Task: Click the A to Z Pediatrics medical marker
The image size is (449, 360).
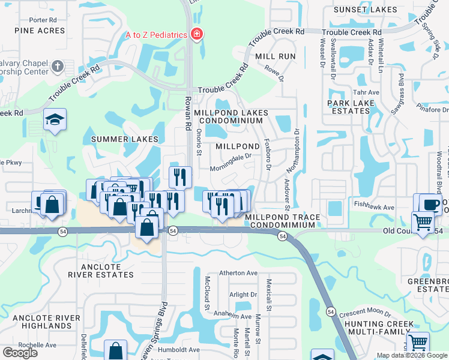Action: pyautogui.click(x=195, y=35)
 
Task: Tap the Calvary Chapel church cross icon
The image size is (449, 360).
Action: pyautogui.click(x=58, y=66)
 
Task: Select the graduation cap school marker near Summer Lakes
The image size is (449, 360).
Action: pyautogui.click(x=55, y=120)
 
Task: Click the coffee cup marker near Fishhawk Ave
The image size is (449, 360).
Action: pyautogui.click(x=430, y=204)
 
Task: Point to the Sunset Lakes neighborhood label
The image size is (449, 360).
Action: pyautogui.click(x=365, y=10)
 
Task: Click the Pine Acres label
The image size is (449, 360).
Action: pyautogui.click(x=40, y=31)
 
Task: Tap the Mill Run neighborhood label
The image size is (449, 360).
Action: pyautogui.click(x=276, y=56)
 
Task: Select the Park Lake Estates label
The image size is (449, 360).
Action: pyautogui.click(x=351, y=107)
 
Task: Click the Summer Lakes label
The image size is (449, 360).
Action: pyautogui.click(x=125, y=139)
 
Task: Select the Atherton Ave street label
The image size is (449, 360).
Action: pyautogui.click(x=238, y=273)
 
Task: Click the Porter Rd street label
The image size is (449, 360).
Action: pyautogui.click(x=43, y=20)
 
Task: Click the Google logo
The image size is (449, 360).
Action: pyautogui.click(x=20, y=353)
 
